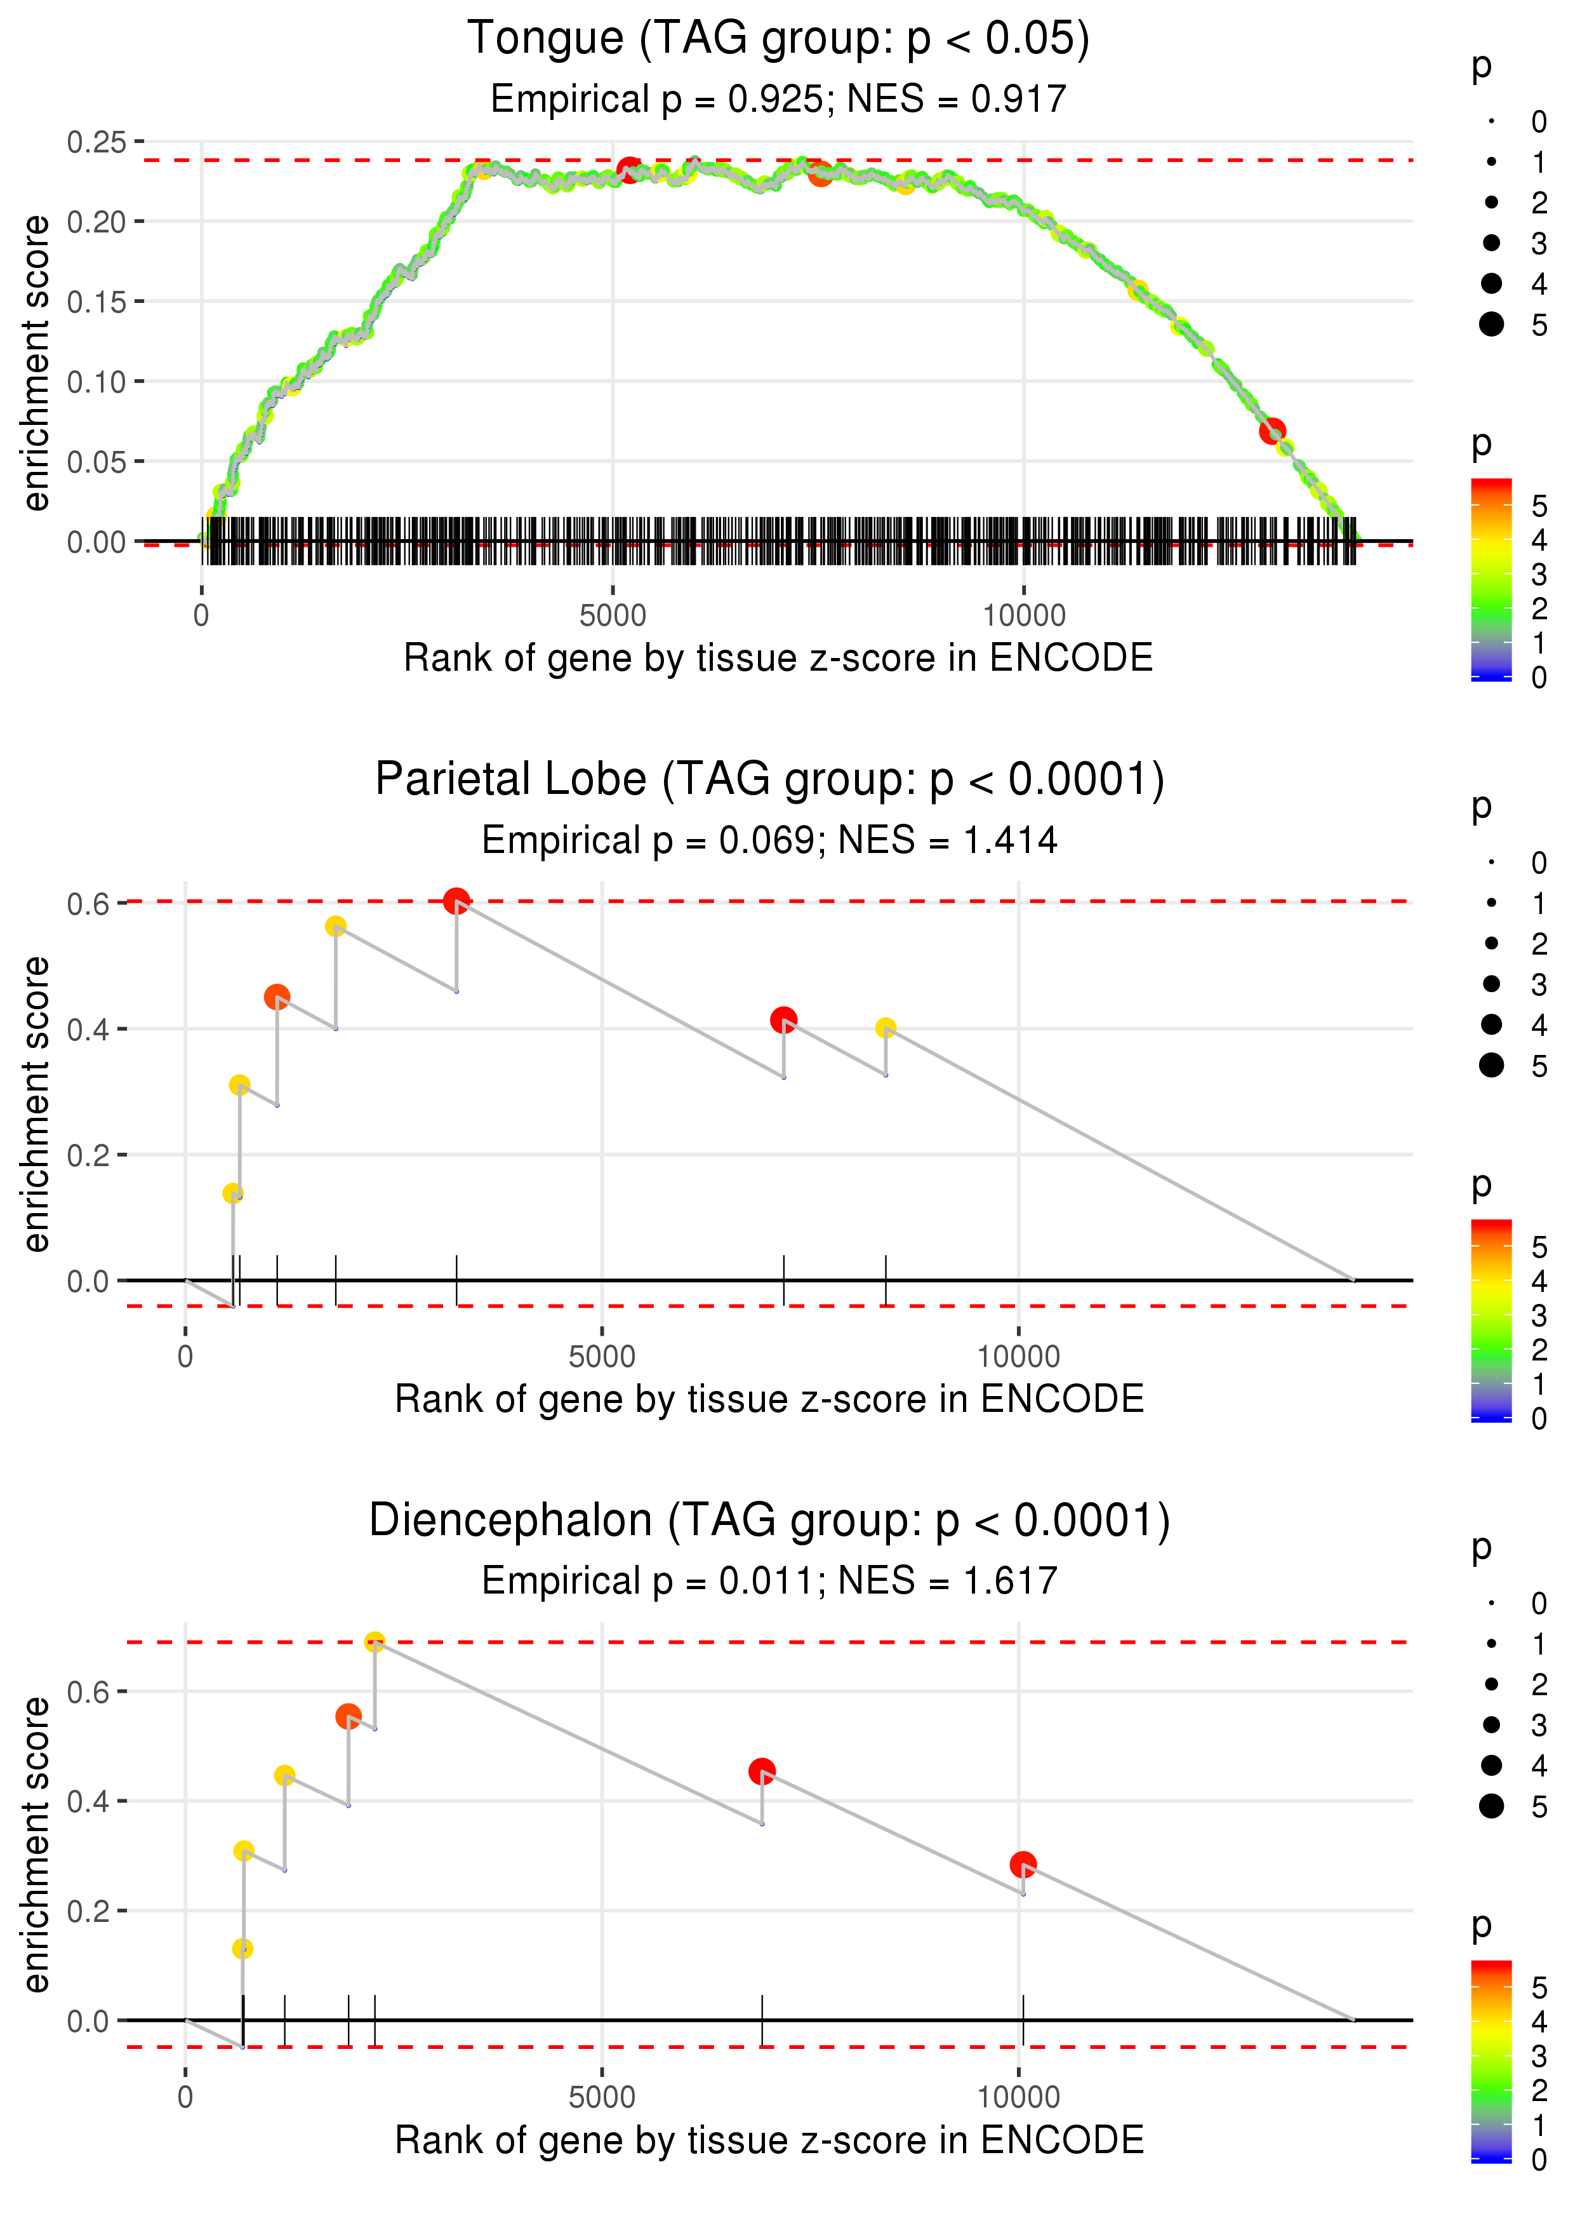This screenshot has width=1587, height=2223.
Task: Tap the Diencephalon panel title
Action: click(x=769, y=1521)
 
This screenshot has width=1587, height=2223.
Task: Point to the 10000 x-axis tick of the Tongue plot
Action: click(x=1024, y=616)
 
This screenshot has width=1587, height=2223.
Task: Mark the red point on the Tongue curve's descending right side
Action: click(x=1272, y=430)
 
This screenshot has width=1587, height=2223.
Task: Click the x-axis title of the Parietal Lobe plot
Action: click(x=769, y=1399)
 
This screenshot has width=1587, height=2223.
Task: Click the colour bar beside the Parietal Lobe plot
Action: click(x=1491, y=1320)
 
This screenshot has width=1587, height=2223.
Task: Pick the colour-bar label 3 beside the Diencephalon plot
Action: click(x=1539, y=2057)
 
